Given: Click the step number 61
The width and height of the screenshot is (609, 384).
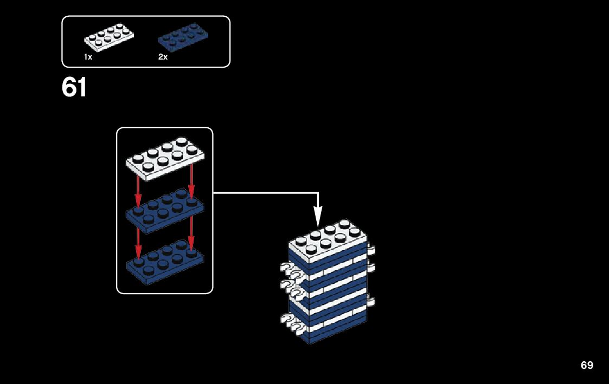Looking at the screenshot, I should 74,88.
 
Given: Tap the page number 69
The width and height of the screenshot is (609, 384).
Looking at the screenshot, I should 587,365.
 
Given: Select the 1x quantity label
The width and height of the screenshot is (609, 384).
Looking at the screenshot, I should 88,57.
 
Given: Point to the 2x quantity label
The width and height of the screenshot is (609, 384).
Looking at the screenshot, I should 163,57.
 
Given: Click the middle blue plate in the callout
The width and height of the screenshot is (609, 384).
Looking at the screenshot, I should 164,211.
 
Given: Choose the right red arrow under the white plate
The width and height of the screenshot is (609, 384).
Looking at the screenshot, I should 191,181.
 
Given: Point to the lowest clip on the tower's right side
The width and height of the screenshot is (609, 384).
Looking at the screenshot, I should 371,302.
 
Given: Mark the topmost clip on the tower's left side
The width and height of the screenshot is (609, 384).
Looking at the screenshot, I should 286,267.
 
